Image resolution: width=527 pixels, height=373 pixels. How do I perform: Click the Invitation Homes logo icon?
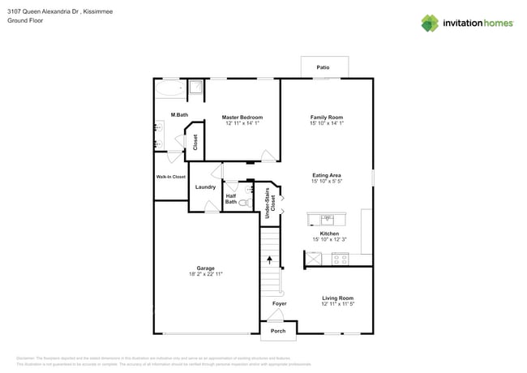point(429,24)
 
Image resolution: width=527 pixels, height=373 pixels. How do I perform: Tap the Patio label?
point(323,67)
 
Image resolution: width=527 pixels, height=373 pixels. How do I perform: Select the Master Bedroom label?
point(242,117)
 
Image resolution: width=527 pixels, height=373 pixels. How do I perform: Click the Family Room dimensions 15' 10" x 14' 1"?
point(327,123)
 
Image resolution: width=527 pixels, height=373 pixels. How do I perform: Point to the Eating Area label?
point(327,175)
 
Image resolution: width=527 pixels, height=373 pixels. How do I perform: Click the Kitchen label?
point(329,234)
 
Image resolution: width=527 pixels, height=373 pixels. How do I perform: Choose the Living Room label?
point(337,298)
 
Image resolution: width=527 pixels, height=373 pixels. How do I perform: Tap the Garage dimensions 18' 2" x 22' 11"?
point(205,274)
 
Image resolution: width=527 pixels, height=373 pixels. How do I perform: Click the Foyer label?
point(279,303)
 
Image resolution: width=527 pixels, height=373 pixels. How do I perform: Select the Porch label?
point(278,331)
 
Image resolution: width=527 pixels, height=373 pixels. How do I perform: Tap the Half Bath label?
point(231,199)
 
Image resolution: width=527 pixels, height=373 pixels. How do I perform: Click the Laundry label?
point(205,187)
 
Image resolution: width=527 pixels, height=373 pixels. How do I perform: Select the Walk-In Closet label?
point(170,177)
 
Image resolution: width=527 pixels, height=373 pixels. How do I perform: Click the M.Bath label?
point(179,115)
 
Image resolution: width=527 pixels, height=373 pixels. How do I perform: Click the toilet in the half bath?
point(244,203)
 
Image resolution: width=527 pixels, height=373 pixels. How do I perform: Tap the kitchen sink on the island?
point(328,218)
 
